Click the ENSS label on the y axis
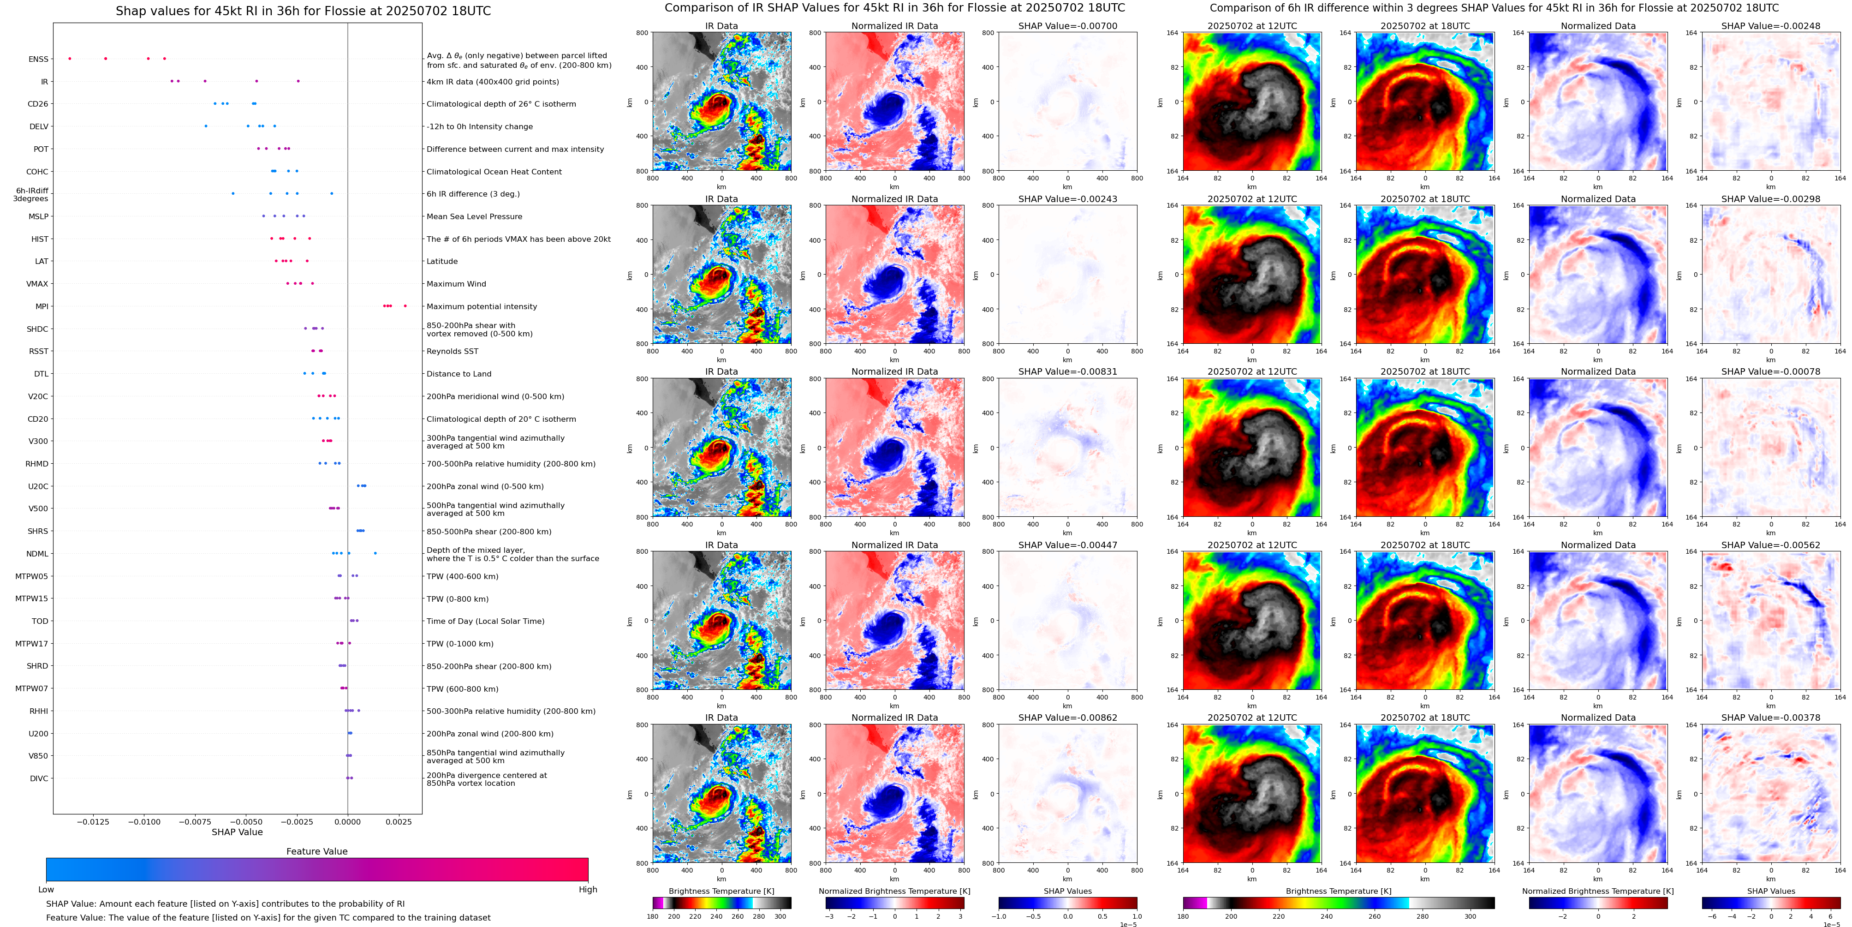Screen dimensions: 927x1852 tap(38, 60)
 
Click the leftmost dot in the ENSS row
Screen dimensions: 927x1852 tap(70, 58)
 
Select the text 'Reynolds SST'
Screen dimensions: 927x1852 tap(452, 352)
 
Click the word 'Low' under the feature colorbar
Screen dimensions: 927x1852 tap(46, 890)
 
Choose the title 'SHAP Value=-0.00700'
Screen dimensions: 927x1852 tap(1068, 26)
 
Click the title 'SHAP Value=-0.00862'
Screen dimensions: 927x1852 tap(1068, 718)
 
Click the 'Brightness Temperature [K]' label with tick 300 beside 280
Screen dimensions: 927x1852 tap(721, 891)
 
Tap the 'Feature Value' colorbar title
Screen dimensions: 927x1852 tap(316, 851)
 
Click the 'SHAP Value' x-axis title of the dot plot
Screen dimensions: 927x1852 tap(237, 832)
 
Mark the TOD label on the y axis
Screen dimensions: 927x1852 tap(40, 622)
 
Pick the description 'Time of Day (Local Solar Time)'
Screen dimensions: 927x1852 tap(485, 622)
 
